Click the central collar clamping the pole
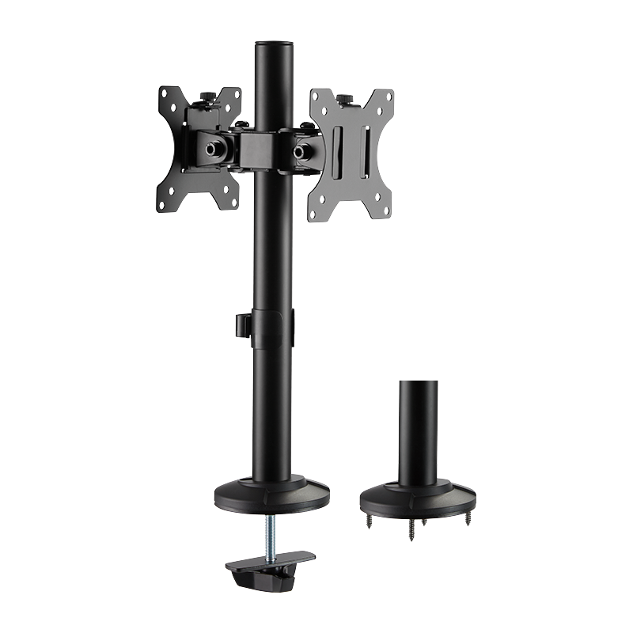pyautogui.click(x=261, y=147)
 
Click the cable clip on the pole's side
pyautogui.click(x=240, y=324)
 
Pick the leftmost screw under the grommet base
pyautogui.click(x=370, y=519)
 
